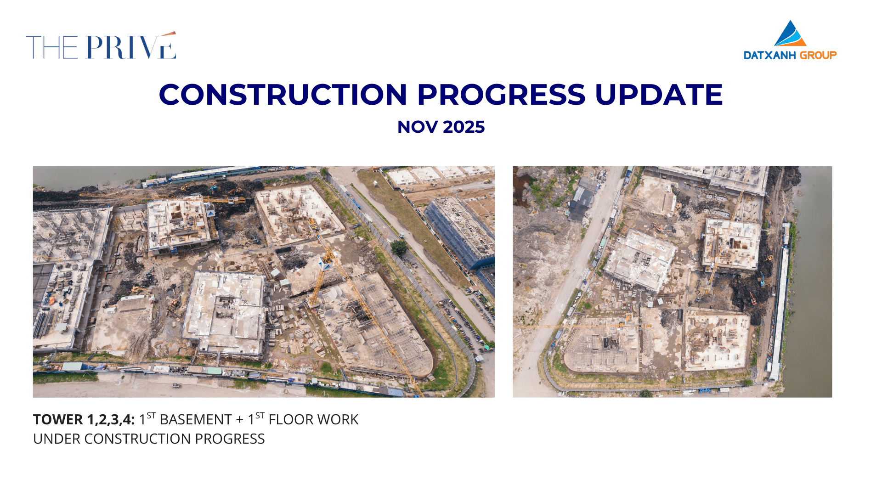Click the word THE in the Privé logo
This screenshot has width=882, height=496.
point(52,47)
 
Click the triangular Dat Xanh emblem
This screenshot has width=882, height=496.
point(790,33)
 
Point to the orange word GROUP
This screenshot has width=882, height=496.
point(818,56)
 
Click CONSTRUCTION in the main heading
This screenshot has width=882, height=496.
point(283,95)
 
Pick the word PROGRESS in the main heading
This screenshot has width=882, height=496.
point(501,95)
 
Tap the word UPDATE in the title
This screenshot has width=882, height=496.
point(659,95)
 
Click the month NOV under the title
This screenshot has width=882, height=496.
point(417,127)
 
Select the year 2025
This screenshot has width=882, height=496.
point(464,127)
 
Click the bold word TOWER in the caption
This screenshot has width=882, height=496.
point(58,420)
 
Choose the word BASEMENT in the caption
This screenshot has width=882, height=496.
point(196,420)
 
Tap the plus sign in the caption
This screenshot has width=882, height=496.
point(240,420)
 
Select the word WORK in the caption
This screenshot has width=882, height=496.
point(338,420)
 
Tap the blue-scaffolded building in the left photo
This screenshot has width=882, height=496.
point(459,234)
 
